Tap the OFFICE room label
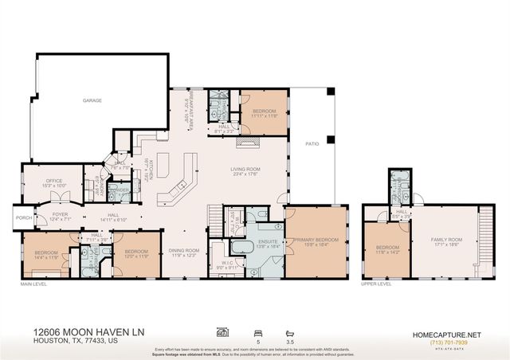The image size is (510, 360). (x=54, y=181)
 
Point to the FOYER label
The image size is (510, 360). (x=61, y=213)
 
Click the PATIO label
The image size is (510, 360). (x=312, y=144)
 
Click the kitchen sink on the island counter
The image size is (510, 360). (x=182, y=185)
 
